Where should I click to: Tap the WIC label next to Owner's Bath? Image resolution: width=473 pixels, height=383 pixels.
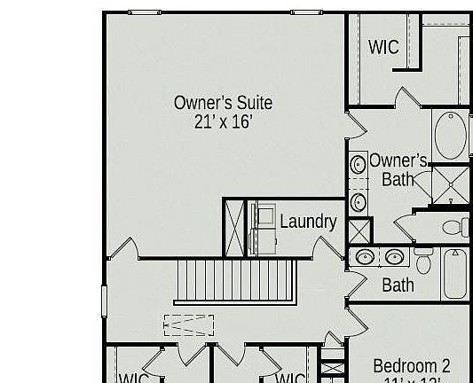pos(383,47)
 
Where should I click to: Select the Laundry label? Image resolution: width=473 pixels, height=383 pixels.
pos(307,222)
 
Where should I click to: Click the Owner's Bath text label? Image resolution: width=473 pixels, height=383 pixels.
pos(398,169)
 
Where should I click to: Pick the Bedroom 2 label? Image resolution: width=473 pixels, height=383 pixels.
pos(411,365)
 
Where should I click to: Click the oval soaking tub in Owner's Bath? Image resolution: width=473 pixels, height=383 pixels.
pos(452,137)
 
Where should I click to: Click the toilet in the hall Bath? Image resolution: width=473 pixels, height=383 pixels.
pos(423,261)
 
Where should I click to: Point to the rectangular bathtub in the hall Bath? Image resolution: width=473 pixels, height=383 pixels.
pos(454,275)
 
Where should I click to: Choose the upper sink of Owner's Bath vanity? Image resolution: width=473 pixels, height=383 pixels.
pos(359,165)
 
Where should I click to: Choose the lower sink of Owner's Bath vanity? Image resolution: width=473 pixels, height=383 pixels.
pos(359,201)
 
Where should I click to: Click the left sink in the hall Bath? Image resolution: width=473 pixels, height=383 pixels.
pos(364,258)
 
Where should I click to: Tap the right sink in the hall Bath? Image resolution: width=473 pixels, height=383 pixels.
pos(394,258)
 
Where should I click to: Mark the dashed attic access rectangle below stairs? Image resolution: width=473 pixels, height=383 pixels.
pos(188,325)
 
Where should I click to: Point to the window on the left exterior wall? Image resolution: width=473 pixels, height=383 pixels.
pos(104,298)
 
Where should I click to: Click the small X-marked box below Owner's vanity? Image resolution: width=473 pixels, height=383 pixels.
pos(359,231)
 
